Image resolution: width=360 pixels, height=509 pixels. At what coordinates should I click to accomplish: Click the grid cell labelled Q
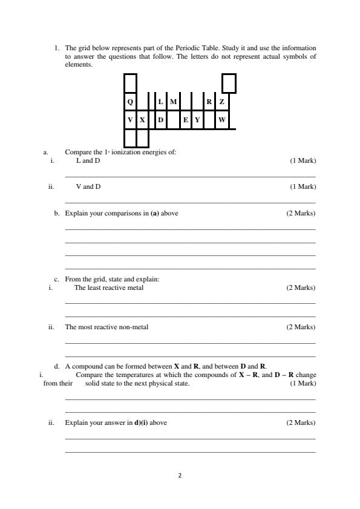pyautogui.click(x=130, y=102)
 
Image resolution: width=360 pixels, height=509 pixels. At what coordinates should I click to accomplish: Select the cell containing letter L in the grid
pyautogui.click(x=160, y=102)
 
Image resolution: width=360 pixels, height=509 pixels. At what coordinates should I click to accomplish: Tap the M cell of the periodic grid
pyautogui.click(x=173, y=102)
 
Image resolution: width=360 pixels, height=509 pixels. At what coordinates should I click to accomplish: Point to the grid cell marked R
pyautogui.click(x=209, y=102)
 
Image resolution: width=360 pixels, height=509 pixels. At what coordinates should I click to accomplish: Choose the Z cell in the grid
pyautogui.click(x=222, y=102)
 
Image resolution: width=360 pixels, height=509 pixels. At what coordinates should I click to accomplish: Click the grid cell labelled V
pyautogui.click(x=130, y=120)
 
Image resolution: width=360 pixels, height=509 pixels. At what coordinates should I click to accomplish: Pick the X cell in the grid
pyautogui.click(x=142, y=120)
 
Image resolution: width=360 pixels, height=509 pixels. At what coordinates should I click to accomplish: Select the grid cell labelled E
pyautogui.click(x=185, y=120)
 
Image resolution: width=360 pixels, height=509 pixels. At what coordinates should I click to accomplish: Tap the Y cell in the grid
pyautogui.click(x=197, y=120)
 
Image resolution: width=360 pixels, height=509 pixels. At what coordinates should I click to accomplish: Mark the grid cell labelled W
pyautogui.click(x=222, y=120)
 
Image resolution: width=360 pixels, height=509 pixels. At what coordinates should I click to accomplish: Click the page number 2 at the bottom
pyautogui.click(x=180, y=475)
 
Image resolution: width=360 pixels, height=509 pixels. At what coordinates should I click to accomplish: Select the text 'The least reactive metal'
pyautogui.click(x=109, y=287)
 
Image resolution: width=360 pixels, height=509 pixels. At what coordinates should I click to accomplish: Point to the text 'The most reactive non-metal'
pyautogui.click(x=106, y=327)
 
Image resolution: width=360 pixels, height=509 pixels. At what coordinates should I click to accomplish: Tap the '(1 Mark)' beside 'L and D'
pyautogui.click(x=303, y=160)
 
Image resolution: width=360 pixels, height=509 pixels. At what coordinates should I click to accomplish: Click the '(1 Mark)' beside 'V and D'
pyautogui.click(x=303, y=186)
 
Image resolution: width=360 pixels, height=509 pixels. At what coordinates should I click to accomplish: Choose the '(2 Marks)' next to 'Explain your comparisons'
pyautogui.click(x=301, y=213)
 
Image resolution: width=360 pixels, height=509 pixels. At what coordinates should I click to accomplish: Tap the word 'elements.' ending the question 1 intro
pyautogui.click(x=79, y=64)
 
